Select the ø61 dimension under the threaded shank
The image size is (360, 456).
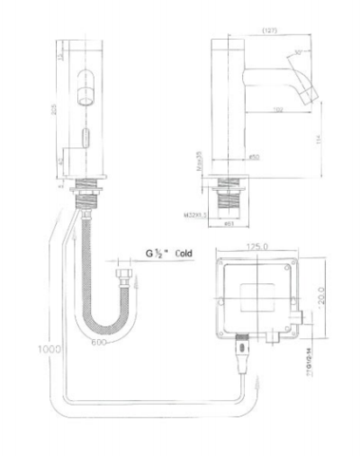(x=228, y=226)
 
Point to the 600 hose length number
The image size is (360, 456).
(x=100, y=344)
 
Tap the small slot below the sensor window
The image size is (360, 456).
(x=85, y=136)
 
